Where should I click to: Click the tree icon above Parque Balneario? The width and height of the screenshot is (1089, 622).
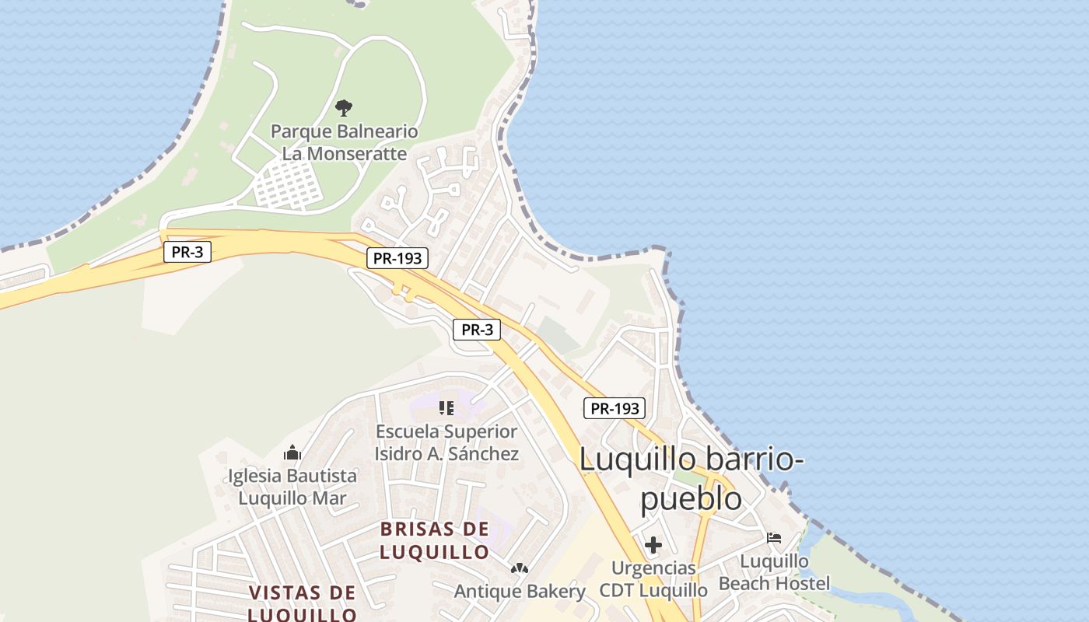344,107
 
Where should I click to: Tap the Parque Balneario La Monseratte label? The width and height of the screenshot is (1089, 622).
344,142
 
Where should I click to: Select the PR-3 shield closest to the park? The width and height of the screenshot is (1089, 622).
187,252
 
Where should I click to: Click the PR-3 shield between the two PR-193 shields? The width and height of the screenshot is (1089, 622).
477,330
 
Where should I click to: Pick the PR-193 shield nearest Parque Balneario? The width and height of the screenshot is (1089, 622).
397,258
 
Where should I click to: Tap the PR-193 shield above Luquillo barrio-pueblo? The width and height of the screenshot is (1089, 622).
615,407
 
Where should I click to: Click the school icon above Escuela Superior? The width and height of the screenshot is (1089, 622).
446,407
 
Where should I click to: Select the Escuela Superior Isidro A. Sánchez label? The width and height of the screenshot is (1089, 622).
446,442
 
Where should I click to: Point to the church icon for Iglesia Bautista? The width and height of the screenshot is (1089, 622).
292,452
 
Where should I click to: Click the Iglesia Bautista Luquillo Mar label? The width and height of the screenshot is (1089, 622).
292,487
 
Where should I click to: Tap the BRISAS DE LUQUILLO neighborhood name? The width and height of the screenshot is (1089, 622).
435,540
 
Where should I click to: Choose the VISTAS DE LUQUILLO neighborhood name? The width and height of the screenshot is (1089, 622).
303,603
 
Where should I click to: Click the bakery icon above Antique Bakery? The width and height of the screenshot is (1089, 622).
519,569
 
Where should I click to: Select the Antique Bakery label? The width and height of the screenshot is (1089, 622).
520,592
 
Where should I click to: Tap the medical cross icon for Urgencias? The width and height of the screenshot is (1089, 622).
653,545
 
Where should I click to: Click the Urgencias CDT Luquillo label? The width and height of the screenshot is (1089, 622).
653,579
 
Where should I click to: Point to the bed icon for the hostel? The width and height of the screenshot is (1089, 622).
774,537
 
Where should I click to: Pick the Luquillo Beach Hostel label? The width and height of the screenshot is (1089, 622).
775,572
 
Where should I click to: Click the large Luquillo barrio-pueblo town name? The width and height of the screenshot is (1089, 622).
691,478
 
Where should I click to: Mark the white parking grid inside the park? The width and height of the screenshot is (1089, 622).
289,185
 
